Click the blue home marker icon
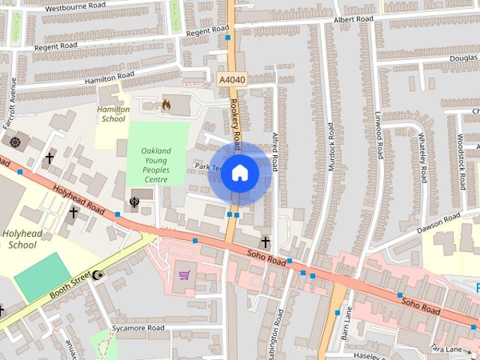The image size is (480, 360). tap(239, 173)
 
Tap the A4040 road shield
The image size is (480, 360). tap(231, 79)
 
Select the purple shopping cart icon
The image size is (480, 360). tap(184, 275)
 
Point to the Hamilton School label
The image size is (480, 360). tap(113, 114)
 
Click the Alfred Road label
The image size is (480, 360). tap(275, 153)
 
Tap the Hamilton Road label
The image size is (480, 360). tap(109, 76)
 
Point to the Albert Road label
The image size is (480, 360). tap(354, 19)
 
